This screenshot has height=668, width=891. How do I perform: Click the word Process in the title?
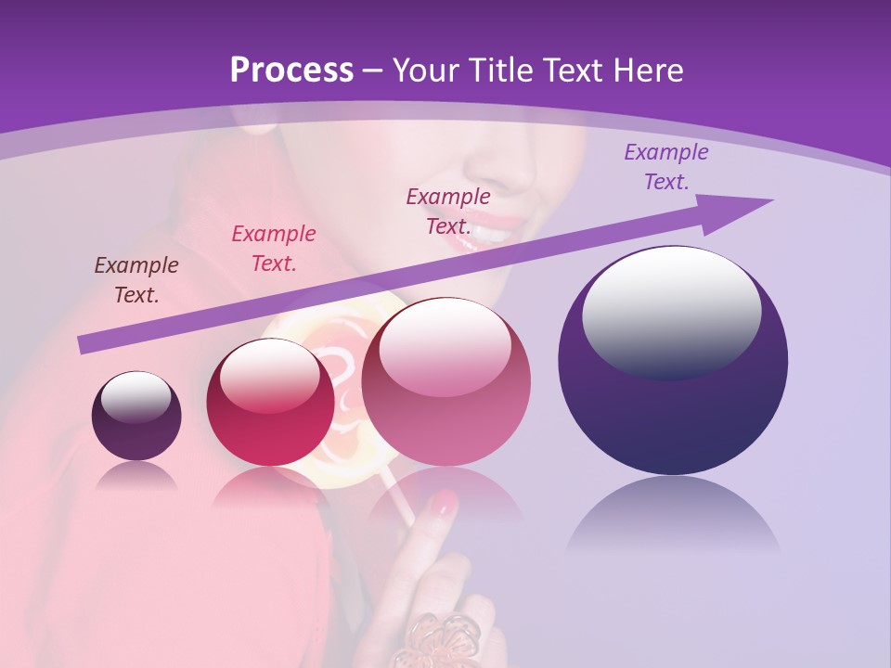click(x=291, y=71)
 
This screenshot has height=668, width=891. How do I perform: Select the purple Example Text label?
click(x=665, y=167)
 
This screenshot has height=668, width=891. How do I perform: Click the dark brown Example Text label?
click(x=136, y=280)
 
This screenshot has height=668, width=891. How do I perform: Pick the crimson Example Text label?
click(x=274, y=249)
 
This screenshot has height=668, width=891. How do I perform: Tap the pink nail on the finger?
click(x=445, y=503)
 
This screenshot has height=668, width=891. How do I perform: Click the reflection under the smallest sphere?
click(x=136, y=476)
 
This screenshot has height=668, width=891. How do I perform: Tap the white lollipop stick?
click(x=400, y=495)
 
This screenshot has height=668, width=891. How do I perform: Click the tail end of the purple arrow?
click(x=85, y=345)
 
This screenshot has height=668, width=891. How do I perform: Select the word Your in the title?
click(x=425, y=71)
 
